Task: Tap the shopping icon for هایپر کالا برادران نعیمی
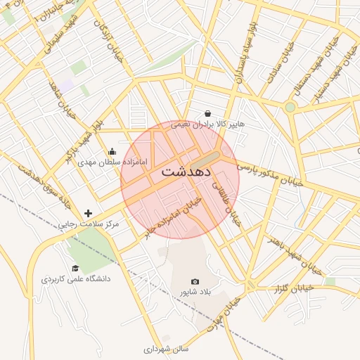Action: [207, 113]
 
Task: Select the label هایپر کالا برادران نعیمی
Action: [210, 124]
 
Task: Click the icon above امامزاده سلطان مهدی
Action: [112, 151]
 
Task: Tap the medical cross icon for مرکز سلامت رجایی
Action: [88, 213]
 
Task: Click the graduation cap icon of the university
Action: [75, 268]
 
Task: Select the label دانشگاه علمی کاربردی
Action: [76, 279]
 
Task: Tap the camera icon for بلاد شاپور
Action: [195, 281]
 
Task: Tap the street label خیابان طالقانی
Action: [227, 203]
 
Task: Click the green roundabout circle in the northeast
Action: [290, 107]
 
